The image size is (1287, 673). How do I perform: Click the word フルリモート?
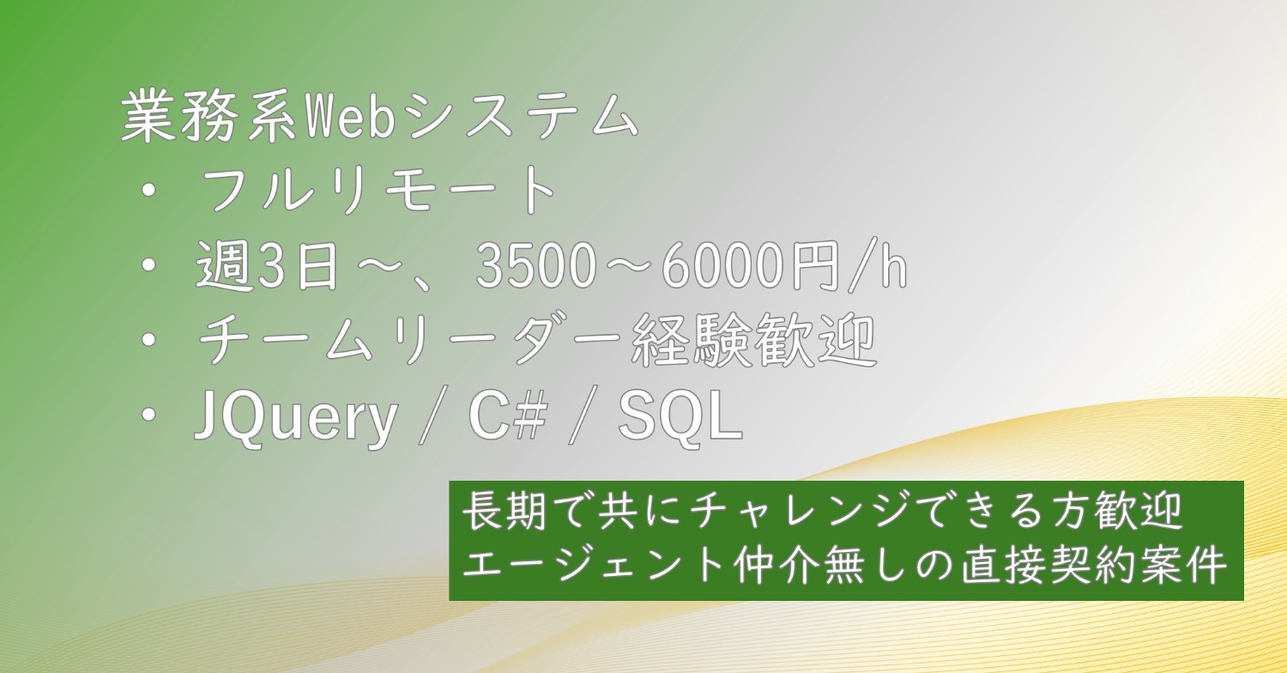pos(378,191)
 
